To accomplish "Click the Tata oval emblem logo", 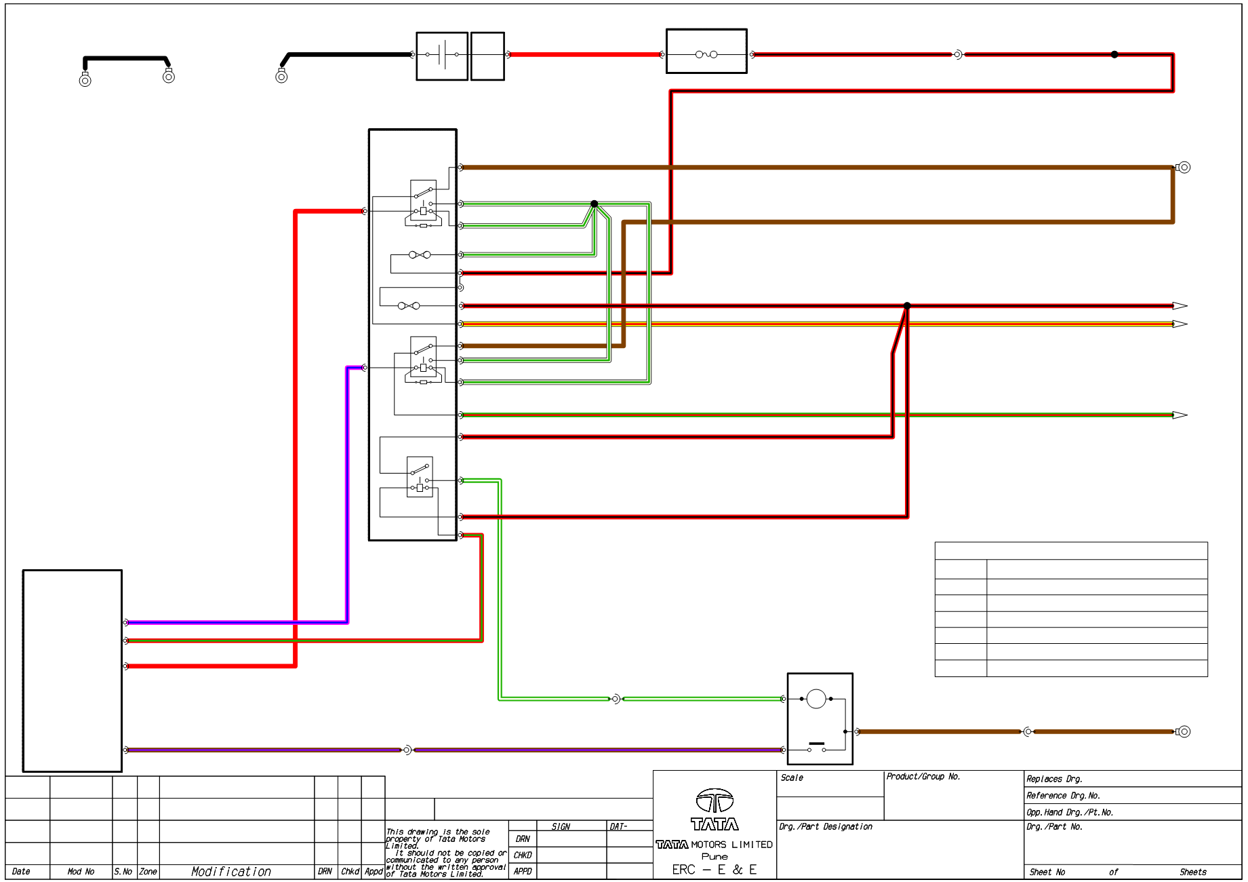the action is [x=714, y=801].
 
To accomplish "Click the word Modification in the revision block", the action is [x=230, y=872].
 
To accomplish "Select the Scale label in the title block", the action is [x=792, y=778].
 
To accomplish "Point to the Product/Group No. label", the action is [x=923, y=777].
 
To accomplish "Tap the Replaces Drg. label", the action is [x=1054, y=780].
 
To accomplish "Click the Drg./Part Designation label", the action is [x=826, y=827].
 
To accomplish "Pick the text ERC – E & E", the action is [x=714, y=870].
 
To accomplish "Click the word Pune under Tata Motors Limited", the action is [x=714, y=857].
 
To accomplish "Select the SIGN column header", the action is [x=561, y=827].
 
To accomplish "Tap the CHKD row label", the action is [x=523, y=856].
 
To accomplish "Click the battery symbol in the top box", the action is [x=441, y=54].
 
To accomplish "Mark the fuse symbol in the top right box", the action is [x=706, y=54].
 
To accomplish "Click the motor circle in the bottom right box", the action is [x=816, y=699].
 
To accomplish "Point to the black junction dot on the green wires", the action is [x=595, y=204].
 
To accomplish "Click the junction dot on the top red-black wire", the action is [x=1114, y=54].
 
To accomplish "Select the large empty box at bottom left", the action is [x=73, y=671].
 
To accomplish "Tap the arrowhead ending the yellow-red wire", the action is [x=1180, y=324].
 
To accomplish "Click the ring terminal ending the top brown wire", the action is [x=1184, y=168].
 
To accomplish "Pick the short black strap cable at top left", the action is [x=126, y=58].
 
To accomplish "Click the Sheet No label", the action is [x=1047, y=873].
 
